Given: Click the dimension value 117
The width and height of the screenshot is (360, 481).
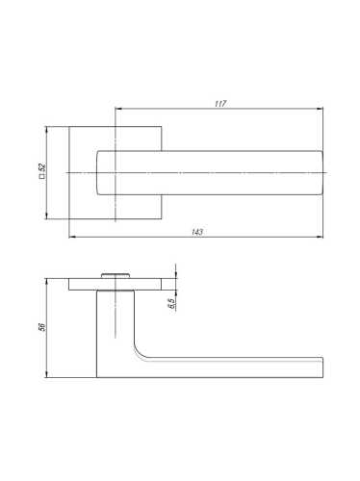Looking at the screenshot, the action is [x=220, y=104].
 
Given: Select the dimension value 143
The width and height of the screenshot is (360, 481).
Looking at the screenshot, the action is [x=197, y=232].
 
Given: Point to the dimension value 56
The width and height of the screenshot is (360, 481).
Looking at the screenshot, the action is [x=42, y=327].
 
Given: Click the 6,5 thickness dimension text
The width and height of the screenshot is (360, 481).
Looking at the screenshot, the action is [x=171, y=303].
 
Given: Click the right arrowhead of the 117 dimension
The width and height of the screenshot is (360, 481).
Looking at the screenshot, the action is [x=320, y=109].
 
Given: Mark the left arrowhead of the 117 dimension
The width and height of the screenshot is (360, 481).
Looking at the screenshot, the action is [x=118, y=109].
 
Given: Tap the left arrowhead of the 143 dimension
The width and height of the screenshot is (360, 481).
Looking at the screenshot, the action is [x=72, y=237].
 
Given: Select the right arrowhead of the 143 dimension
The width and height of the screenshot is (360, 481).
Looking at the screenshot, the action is [x=320, y=237].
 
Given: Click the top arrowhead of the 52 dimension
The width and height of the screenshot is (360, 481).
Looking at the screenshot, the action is [x=47, y=130].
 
